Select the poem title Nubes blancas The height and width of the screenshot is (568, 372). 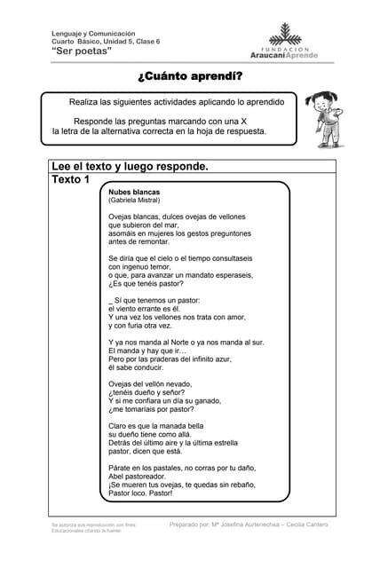[x=136, y=191]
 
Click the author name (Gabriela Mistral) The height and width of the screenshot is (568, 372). [x=134, y=201]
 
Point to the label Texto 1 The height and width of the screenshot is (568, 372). [x=71, y=180]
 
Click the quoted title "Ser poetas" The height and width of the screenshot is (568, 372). [x=82, y=51]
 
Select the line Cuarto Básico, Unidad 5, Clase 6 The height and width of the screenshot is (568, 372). [x=106, y=42]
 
